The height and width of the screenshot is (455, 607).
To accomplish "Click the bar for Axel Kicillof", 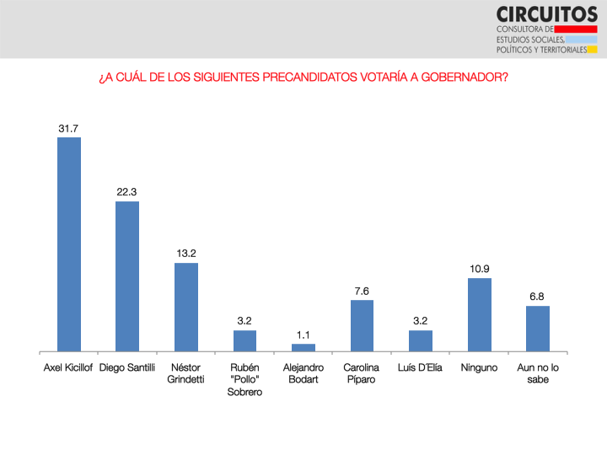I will (69, 244).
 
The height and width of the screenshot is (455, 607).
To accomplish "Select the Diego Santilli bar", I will (127, 276).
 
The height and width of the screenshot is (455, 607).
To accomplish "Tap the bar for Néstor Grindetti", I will (186, 307).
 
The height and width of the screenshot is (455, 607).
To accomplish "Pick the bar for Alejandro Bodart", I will (303, 347).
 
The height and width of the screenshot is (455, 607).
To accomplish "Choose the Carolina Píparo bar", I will (362, 325).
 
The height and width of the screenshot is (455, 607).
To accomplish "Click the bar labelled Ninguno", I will (480, 314).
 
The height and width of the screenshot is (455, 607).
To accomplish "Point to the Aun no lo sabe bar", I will (538, 328).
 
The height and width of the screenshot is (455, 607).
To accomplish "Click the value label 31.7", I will (69, 128).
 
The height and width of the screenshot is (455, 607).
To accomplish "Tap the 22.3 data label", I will (127, 192).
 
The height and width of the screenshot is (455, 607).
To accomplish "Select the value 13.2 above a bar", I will (186, 254).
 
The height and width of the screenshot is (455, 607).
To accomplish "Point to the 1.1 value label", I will (303, 335).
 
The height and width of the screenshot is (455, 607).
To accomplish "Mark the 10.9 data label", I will (480, 269).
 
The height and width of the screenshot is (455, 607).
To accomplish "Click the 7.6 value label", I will (362, 291).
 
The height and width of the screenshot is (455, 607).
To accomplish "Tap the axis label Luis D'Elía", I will (421, 368).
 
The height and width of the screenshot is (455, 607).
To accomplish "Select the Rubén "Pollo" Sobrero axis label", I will (244, 379).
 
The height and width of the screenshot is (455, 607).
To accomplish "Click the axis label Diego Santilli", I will (127, 368).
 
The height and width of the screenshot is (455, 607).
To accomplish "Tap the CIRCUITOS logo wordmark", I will (546, 13).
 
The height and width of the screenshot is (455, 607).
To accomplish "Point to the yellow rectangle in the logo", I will (593, 50).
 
